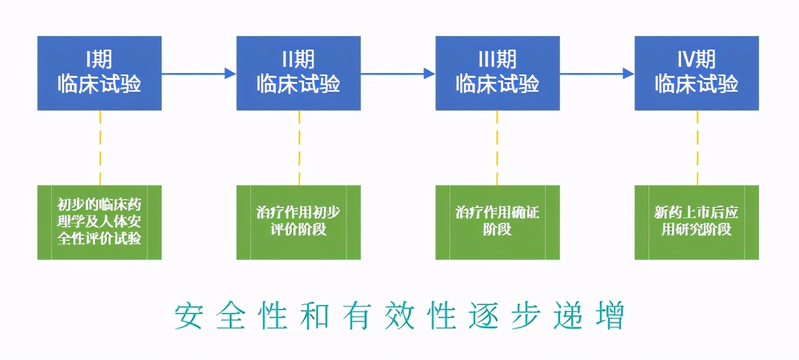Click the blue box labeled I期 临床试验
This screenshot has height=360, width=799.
[100, 73]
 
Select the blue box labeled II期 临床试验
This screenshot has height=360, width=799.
[299, 73]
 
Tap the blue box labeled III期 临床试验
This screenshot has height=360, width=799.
[498, 73]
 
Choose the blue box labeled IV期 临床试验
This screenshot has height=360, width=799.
[697, 73]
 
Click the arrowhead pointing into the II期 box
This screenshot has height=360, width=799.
[230, 73]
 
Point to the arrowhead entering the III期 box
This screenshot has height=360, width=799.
[429, 73]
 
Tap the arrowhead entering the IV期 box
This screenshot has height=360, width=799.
[628, 73]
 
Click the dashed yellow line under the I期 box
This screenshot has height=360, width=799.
[100, 147]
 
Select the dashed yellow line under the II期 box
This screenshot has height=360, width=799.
[299, 147]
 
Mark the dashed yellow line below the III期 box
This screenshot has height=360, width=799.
[497, 147]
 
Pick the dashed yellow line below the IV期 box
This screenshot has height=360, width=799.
[697, 147]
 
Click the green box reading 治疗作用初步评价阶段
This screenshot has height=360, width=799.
[299, 223]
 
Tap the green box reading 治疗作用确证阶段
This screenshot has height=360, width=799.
[498, 223]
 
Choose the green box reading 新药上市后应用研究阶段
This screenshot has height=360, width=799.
[697, 223]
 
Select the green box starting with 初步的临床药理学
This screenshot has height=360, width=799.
[100, 223]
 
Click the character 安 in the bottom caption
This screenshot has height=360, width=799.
[189, 315]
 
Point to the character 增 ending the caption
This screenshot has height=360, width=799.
[610, 315]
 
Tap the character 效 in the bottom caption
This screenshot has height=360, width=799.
[399, 315]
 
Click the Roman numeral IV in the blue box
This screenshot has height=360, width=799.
[685, 60]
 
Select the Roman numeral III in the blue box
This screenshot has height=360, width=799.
[487, 60]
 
